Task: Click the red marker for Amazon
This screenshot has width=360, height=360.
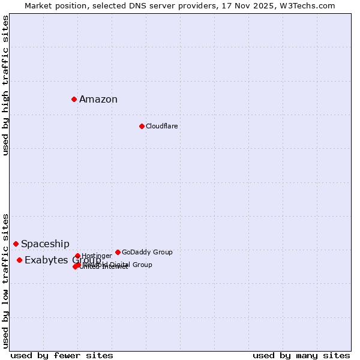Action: click(74, 99)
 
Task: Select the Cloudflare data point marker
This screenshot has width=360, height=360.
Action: click(142, 126)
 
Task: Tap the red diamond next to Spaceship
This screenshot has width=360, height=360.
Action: click(16, 244)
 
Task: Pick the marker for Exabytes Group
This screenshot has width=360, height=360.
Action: click(19, 260)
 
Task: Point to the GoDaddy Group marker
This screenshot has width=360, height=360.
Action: click(118, 252)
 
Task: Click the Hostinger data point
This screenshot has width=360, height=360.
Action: click(77, 256)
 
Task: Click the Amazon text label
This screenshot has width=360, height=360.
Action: click(98, 100)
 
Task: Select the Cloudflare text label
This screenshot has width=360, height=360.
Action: click(161, 126)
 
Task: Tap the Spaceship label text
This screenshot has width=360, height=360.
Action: click(45, 244)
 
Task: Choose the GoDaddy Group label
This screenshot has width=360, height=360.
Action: click(147, 252)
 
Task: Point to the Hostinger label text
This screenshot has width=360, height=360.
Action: click(97, 256)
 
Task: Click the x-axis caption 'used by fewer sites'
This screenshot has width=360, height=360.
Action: click(62, 355)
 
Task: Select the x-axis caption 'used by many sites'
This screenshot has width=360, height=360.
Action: click(301, 355)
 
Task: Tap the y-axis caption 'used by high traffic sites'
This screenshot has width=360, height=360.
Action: click(6, 85)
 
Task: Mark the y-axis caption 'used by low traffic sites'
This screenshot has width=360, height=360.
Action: click(6, 280)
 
